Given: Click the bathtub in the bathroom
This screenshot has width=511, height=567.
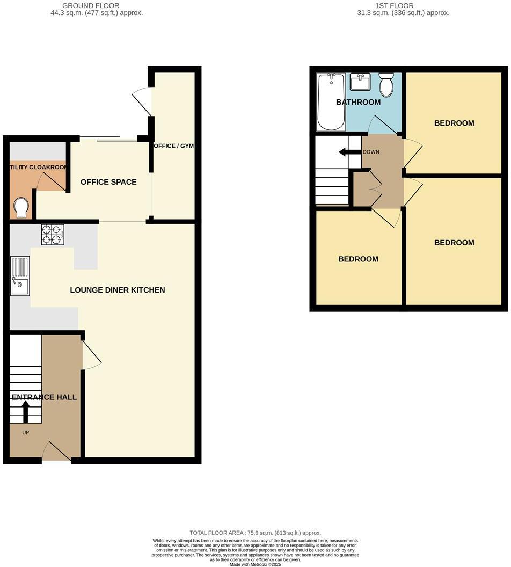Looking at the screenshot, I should tap(331, 102).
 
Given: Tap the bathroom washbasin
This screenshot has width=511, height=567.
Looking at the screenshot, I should tap(360, 82).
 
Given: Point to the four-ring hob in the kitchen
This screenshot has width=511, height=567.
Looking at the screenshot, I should tap(53, 234).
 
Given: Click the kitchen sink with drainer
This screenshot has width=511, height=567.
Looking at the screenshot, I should tap(20, 276).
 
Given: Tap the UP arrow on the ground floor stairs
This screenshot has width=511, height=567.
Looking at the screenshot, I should tap(25, 412).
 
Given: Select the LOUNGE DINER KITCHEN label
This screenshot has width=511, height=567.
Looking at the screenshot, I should tap(118, 290).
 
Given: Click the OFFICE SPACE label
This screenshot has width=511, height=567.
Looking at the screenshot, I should tap(108, 182).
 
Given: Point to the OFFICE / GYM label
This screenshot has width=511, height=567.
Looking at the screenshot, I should tap(173, 146).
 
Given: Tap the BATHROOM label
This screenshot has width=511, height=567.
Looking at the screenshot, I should tap(358, 102).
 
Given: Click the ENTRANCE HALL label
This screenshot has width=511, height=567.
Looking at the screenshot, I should tap(44, 397).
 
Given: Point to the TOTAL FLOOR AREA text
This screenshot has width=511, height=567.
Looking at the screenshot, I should tap(255, 533).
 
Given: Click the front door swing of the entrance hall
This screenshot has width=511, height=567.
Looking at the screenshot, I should tap(56, 452).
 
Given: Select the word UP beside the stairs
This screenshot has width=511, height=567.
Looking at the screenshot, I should tap(26, 432).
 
